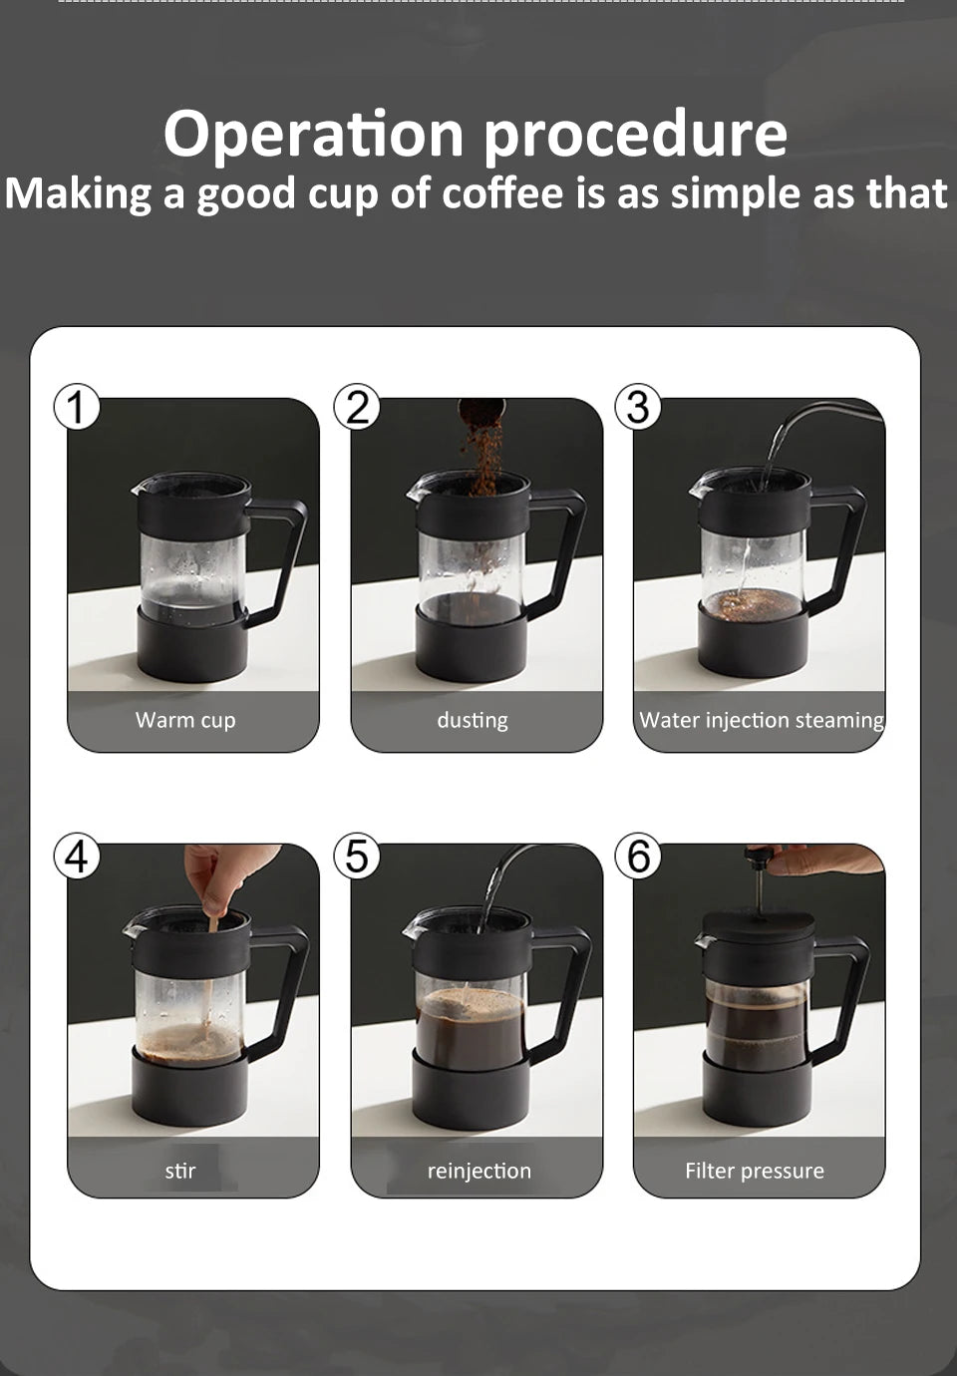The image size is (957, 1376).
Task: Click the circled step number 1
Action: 77,407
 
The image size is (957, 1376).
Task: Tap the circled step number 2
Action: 358,407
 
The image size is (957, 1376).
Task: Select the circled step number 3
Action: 639,407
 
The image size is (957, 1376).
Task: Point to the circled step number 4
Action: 77,857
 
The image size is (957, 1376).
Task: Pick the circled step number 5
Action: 358,857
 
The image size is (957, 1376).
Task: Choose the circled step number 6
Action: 639,857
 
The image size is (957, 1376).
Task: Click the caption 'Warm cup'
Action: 185,720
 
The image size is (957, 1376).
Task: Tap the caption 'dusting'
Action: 473,720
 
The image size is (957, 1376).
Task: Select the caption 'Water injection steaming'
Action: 762,720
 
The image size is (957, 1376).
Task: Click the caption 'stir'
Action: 180,1171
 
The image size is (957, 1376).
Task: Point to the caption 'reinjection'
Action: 479,1171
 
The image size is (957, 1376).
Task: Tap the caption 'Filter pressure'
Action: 755,1171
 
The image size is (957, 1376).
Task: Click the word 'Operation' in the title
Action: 313,135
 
